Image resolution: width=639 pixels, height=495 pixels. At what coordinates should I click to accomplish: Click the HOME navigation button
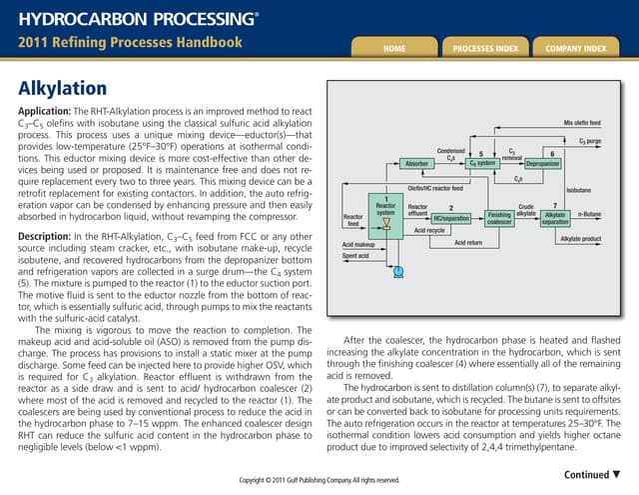[x=392, y=47]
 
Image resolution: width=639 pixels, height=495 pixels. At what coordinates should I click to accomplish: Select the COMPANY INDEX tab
[x=576, y=47]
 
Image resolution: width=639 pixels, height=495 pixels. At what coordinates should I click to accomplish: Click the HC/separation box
[x=451, y=218]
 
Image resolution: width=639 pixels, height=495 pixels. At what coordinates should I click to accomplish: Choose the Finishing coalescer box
[x=499, y=217]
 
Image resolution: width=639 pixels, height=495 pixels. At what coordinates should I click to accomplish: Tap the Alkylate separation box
[x=555, y=218]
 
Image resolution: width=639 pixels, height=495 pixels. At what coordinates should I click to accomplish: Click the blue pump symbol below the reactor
[x=398, y=271]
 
